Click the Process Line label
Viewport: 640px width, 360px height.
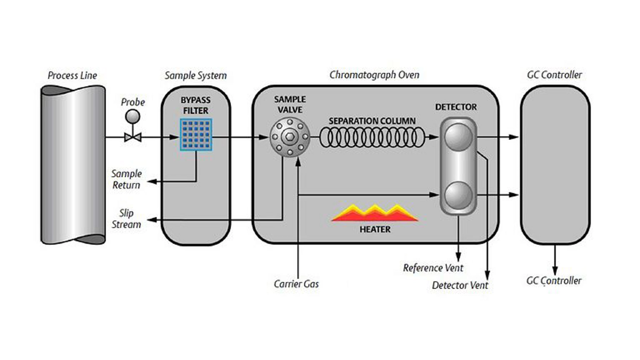[72, 75]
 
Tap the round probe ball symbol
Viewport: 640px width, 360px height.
[132, 117]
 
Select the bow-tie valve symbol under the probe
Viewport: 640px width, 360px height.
[133, 137]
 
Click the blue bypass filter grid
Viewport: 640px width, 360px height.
[196, 134]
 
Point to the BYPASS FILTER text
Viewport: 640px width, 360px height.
[196, 105]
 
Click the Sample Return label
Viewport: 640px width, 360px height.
[126, 179]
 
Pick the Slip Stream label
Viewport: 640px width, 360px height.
[126, 219]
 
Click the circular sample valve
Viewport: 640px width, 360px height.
[290, 137]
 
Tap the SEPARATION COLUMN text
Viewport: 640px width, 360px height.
[372, 121]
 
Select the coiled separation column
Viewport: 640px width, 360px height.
[372, 137]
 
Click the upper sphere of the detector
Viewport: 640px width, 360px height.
[458, 137]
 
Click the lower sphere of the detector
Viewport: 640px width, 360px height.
[458, 195]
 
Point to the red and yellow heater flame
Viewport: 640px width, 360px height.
[375, 213]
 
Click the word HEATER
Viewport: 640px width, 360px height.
[375, 229]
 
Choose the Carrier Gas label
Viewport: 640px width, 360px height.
[296, 284]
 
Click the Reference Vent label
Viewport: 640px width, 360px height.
[433, 268]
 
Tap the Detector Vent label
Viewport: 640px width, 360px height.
[460, 285]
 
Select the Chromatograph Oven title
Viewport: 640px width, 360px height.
[374, 75]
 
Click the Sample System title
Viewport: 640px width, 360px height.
[196, 76]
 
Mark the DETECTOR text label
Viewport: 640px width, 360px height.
[456, 107]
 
